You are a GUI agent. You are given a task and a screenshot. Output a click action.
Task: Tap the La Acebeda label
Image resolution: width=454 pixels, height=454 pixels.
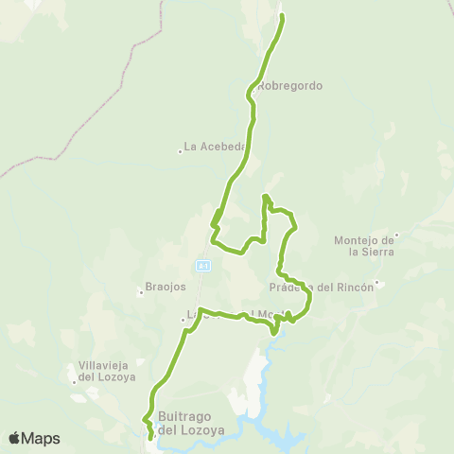[216, 147]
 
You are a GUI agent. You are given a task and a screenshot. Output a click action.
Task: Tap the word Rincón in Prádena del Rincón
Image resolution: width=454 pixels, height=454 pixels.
[352, 288]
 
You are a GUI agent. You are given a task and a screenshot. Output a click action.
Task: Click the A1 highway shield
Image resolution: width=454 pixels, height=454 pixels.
[202, 264]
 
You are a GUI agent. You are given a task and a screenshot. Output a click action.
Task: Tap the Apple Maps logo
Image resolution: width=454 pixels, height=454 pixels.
[34, 438]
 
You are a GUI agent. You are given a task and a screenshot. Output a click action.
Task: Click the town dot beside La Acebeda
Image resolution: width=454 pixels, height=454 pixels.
[180, 149]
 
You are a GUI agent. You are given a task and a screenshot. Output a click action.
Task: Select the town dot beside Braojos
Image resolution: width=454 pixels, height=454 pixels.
[141, 292]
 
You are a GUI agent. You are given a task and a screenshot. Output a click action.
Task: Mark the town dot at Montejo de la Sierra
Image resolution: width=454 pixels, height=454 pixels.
[397, 235]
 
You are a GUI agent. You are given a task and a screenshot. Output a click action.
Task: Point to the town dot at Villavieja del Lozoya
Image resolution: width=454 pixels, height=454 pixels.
[74, 382]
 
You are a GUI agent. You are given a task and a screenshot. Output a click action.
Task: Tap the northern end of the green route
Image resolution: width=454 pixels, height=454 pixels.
[282, 17]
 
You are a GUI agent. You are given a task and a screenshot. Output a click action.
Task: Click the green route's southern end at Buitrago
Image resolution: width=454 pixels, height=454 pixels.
[151, 437]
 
